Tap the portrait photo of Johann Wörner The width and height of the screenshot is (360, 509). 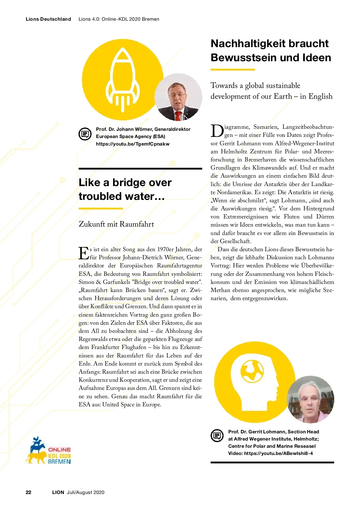178,97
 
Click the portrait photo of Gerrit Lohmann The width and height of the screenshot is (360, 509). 310,399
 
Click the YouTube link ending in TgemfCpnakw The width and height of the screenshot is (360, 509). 133,144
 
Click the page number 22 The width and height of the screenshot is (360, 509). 28,492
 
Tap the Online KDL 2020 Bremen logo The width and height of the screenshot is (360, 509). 49,451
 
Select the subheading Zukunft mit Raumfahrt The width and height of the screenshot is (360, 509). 116,224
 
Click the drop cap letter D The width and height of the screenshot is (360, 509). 217,131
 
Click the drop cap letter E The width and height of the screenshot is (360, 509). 84,253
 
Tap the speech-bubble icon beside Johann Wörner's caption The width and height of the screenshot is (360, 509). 85,134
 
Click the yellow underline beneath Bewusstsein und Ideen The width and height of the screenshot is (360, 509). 232,70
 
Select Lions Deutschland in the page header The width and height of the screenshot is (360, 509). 48,19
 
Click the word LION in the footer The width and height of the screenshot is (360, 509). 58,492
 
